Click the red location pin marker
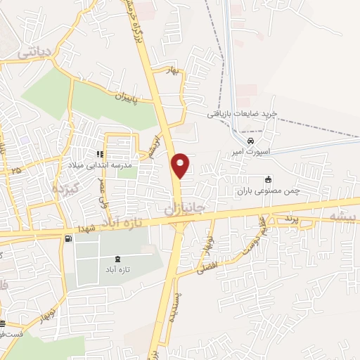point(181,165)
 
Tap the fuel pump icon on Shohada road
point(67,238)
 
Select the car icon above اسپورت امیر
point(241,141)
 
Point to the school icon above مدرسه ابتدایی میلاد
point(101,154)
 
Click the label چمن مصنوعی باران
point(266,189)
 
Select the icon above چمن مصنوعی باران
point(266,179)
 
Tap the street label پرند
point(292,219)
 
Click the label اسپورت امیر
point(249,152)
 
